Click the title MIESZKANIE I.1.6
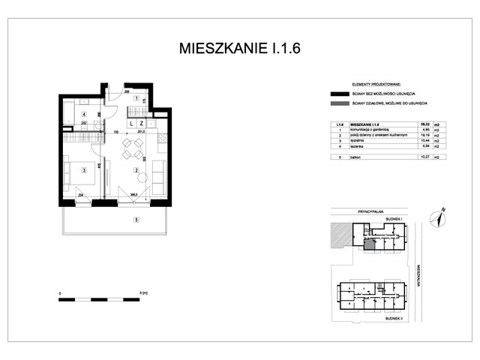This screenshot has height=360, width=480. click(x=240, y=49)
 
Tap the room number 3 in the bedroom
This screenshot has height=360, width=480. click(x=84, y=171)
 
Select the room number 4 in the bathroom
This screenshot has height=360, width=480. click(x=84, y=114)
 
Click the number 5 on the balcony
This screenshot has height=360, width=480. click(x=136, y=220)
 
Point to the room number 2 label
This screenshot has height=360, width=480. click(x=136, y=171)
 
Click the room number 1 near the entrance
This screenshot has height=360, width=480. click(x=136, y=99)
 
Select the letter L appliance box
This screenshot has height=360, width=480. click(x=131, y=122)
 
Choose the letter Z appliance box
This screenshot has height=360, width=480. click(x=141, y=122)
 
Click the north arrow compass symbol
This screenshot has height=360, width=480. click(x=438, y=217)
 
